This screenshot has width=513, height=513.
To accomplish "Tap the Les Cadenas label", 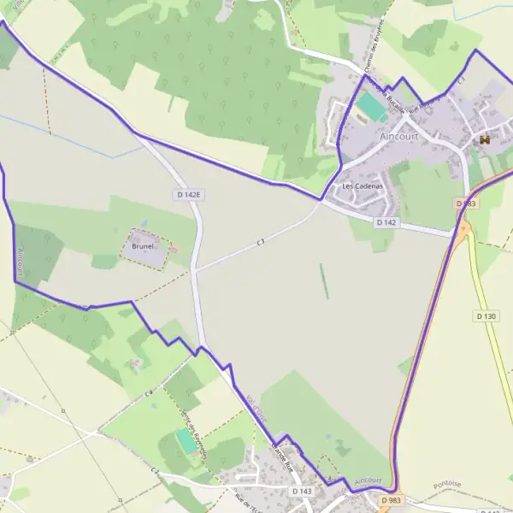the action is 362,186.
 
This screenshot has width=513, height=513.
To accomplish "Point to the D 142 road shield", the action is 386,222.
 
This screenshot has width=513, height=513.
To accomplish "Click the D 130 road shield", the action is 486,316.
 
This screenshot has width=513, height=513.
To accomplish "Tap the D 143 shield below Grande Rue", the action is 302,492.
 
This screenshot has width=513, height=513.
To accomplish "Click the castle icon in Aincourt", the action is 484,139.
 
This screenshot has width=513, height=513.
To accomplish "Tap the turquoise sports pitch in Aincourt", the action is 371,107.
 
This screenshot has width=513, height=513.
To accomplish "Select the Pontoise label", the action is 445,484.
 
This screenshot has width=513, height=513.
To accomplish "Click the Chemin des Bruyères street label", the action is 374,47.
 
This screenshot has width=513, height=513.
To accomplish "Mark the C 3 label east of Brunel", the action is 260,244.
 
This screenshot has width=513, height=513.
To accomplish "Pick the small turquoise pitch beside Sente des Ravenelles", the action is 185,441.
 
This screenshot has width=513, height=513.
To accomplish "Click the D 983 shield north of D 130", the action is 466,203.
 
